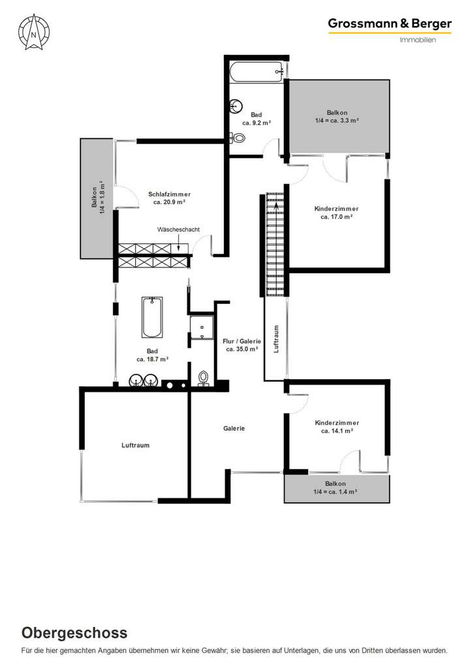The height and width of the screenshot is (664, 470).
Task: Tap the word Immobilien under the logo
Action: [417, 40]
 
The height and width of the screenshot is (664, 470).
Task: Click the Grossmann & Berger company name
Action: [389, 23]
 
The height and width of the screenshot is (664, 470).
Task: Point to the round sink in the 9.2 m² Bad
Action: [236, 106]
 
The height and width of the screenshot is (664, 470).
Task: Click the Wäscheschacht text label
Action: [178, 230]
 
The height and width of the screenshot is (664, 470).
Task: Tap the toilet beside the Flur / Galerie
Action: [204, 378]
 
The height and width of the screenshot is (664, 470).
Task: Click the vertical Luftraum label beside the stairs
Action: [276, 340]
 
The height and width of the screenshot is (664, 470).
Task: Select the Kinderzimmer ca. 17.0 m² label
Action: [336, 213]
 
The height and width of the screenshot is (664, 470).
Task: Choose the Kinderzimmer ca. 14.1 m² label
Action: [336, 427]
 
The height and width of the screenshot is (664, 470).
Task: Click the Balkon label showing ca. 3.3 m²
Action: [336, 116]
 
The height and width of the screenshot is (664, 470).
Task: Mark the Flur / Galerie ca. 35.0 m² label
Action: [242, 345]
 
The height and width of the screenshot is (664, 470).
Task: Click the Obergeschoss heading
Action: [74, 633]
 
